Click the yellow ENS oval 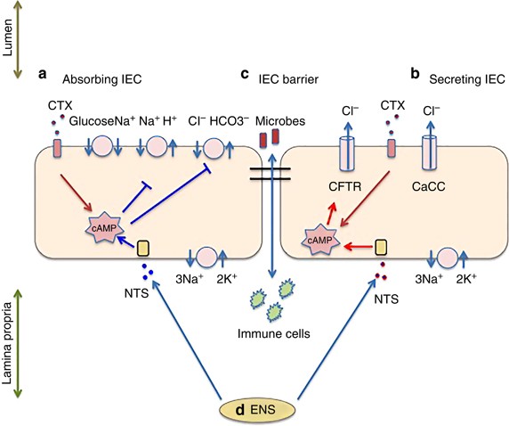point(258,410)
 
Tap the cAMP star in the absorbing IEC point(104,227)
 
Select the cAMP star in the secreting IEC point(320,240)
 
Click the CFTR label point(344,187)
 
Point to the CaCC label point(429,187)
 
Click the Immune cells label point(274,333)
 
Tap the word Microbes point(280,121)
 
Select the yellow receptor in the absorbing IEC point(143,249)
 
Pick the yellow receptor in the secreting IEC point(381,248)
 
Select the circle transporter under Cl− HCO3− point(214,148)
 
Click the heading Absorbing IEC point(102,79)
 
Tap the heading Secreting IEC point(467,79)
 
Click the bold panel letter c point(245,75)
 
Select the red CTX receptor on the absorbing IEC point(57,149)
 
